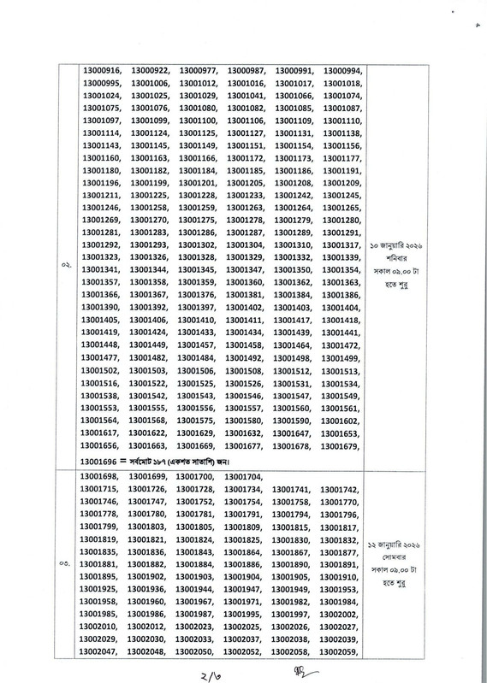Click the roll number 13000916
(x=103, y=70)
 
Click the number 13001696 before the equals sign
(x=103, y=462)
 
